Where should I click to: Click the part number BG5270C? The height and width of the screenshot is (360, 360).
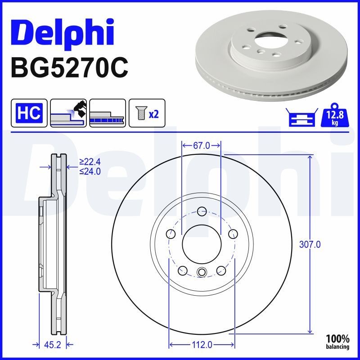69,67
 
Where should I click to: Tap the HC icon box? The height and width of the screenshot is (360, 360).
29,112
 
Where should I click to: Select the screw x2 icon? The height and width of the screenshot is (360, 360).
147,112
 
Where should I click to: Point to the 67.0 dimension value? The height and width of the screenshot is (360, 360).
201,145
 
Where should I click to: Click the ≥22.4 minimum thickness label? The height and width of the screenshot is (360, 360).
90,162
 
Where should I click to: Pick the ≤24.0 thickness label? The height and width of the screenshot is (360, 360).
90,171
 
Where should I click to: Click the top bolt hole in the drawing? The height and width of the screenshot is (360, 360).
201,211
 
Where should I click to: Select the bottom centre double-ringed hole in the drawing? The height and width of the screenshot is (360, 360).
201,272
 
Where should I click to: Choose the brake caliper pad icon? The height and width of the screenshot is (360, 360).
68,112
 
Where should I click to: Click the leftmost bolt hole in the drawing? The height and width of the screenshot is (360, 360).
171,234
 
